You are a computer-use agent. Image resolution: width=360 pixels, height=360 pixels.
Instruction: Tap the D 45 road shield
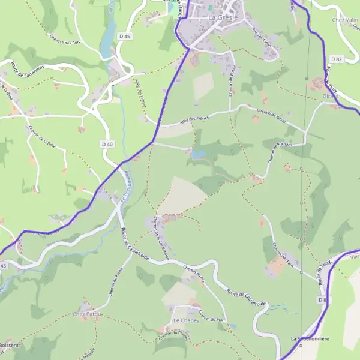(x=125, y=37)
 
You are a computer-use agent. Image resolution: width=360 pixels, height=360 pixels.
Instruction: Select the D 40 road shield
(x=107, y=144)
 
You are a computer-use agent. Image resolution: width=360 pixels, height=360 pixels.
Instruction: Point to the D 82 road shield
(x=336, y=59)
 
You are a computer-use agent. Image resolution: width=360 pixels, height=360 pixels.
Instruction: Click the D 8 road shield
(x=323, y=299)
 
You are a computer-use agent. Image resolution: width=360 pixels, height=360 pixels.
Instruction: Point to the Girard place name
(x=331, y=96)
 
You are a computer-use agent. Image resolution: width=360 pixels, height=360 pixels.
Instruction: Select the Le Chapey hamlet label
(x=185, y=321)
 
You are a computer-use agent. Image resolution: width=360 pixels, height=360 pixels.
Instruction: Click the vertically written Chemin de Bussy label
(x=231, y=80)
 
